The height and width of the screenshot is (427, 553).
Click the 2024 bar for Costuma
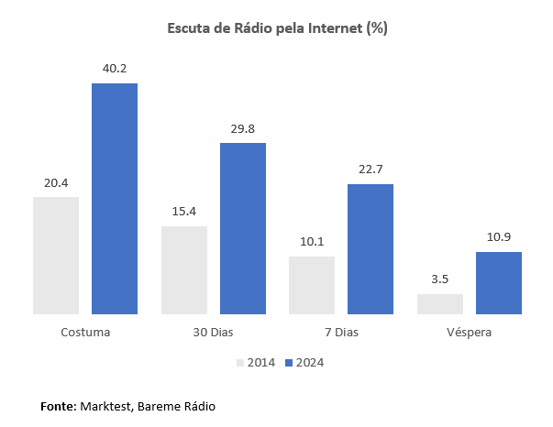point(115,199)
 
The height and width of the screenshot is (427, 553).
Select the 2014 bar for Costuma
point(56,256)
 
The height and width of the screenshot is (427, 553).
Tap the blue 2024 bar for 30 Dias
point(243,228)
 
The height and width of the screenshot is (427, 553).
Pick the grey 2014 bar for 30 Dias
point(184,270)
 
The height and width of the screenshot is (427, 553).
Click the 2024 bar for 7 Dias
point(371,249)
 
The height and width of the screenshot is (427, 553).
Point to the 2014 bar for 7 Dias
point(312,285)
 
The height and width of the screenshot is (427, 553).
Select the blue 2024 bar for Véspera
point(499,283)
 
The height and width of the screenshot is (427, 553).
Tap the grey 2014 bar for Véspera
point(440,304)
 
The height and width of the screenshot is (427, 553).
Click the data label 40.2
point(115,68)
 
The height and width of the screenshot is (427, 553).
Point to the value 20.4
point(56,182)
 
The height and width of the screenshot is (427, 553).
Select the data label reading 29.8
point(243,128)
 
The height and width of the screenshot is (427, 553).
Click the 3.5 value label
point(440,279)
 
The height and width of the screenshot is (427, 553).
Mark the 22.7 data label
point(371,170)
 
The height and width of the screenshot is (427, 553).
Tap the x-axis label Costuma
point(85,332)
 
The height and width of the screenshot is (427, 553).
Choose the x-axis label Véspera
point(470,332)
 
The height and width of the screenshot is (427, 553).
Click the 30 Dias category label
point(214,332)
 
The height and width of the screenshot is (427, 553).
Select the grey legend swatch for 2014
point(240,362)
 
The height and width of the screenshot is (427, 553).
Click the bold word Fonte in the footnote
point(58,405)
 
